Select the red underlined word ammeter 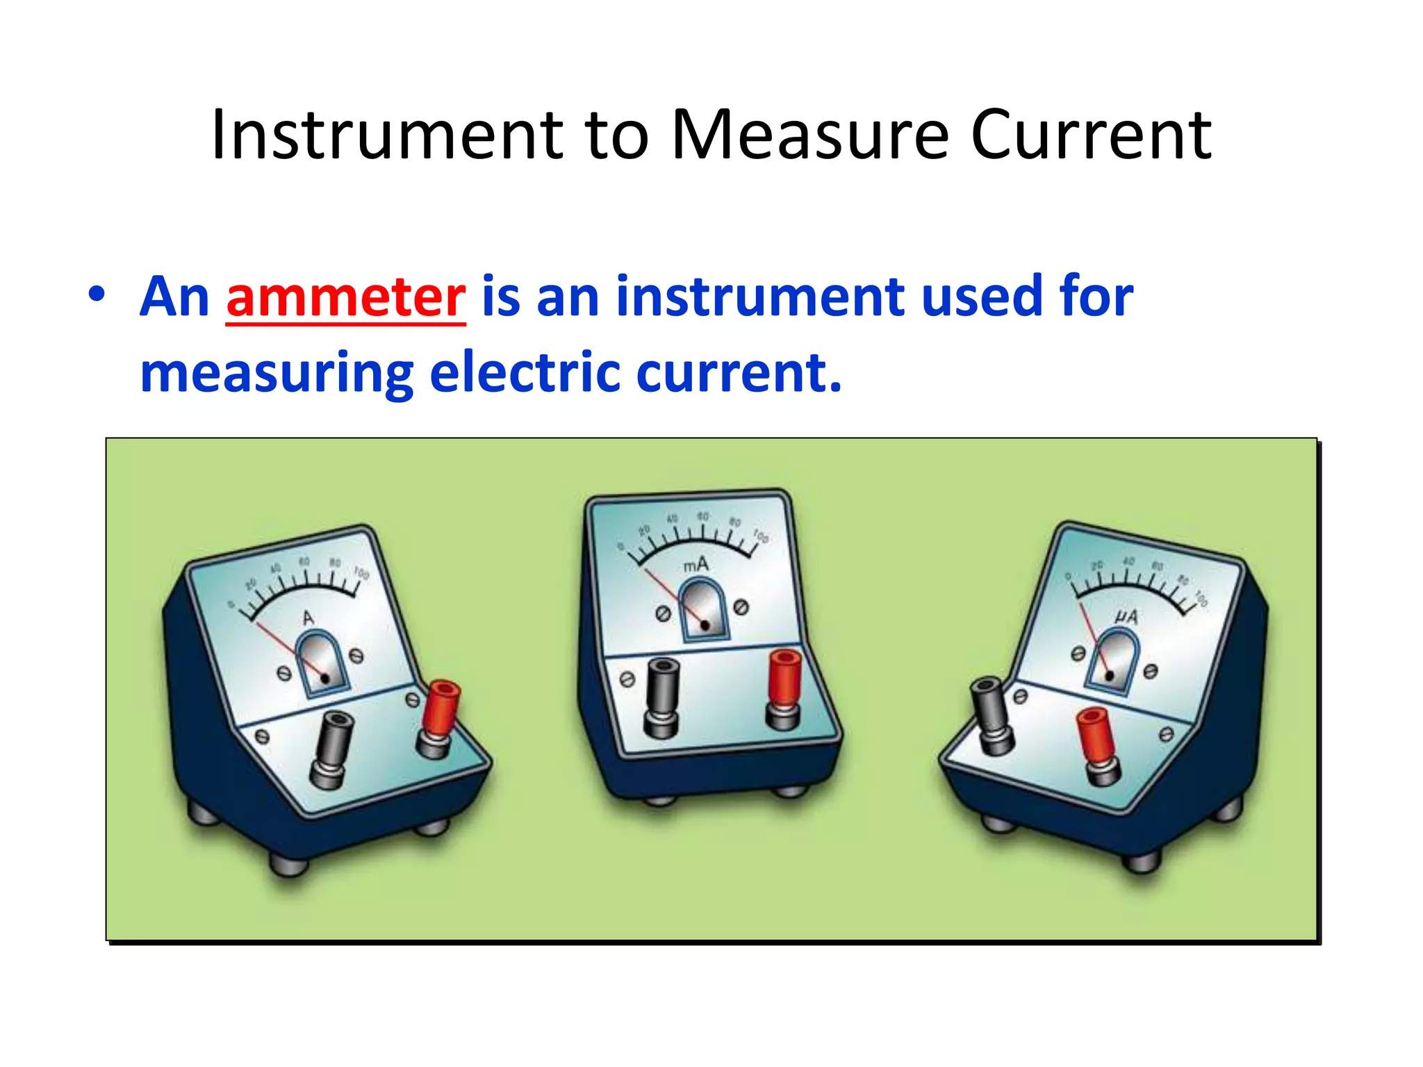coord(345,297)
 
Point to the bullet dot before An coord(97,295)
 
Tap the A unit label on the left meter coord(309,618)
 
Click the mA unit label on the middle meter coord(696,565)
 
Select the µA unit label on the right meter coord(1126,616)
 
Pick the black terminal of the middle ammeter coord(661,695)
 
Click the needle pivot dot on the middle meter coord(705,625)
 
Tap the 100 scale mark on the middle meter coord(761,536)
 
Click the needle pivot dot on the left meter coord(324,677)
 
